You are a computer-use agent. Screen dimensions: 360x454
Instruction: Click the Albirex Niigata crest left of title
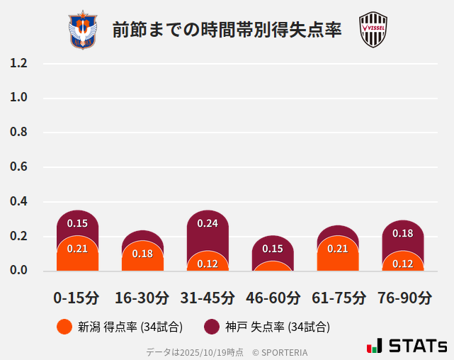point(82,30)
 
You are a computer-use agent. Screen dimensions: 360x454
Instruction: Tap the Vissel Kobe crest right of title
point(373,30)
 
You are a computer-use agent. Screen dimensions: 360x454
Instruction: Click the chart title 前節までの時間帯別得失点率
point(227,30)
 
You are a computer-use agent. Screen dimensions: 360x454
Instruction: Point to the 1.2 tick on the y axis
point(18,63)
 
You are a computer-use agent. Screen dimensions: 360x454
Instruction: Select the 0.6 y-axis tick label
point(18,167)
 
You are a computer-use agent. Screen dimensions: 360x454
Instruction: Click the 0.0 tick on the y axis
point(18,270)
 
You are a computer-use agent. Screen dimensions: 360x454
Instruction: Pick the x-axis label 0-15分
point(77,298)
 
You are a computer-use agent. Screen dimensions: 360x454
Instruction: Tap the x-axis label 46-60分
point(273,298)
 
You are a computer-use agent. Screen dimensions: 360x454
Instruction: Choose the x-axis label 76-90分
point(403,298)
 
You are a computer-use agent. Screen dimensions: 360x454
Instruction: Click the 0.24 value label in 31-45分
point(208,223)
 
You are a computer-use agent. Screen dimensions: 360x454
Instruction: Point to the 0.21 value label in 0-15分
point(77,248)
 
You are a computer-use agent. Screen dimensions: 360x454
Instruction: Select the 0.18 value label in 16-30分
point(142,254)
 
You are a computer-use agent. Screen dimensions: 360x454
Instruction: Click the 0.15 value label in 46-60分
point(273,249)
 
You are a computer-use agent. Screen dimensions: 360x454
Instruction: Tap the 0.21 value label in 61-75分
point(338,248)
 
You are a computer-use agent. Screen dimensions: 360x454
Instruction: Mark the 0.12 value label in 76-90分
point(403,264)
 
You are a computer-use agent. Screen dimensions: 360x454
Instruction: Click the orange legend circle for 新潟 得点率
point(64,327)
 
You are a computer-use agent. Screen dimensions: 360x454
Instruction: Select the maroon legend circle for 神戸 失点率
point(212,327)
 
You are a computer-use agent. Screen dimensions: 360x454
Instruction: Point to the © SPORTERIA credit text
point(280,351)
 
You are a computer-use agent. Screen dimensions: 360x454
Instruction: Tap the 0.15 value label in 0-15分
point(77,223)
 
